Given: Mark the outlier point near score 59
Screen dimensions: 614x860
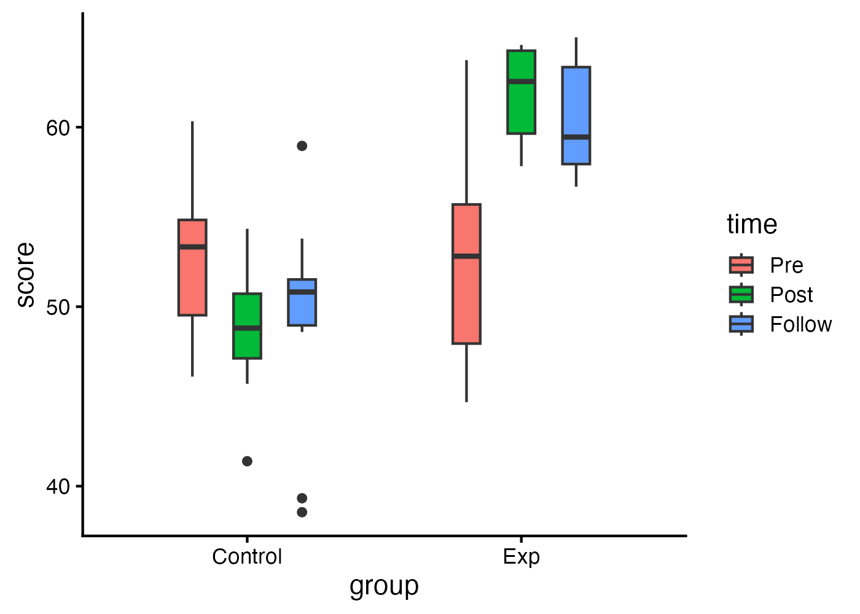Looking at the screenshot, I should [x=302, y=146].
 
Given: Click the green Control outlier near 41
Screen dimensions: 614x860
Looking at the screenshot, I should [x=247, y=461].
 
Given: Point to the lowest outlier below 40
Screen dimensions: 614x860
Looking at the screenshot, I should [x=302, y=512].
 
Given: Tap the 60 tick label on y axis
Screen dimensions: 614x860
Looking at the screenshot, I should [x=59, y=128].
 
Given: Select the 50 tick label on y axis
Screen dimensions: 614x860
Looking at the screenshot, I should [x=59, y=307].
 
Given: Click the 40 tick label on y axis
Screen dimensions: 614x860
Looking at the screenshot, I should [x=59, y=486].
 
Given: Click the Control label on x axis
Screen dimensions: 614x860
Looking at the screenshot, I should [x=247, y=557].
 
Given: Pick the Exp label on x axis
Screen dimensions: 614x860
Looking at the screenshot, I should [x=521, y=557].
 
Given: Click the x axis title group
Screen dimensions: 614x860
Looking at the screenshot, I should [x=384, y=586].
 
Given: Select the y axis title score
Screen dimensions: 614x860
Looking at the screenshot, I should [x=26, y=274].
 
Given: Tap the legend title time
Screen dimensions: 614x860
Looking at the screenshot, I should [x=752, y=225].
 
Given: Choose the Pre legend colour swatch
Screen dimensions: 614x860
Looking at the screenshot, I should [x=741, y=265].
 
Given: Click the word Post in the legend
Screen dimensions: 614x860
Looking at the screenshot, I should [x=791, y=295].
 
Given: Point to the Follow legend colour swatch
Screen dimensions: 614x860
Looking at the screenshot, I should [x=741, y=324].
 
